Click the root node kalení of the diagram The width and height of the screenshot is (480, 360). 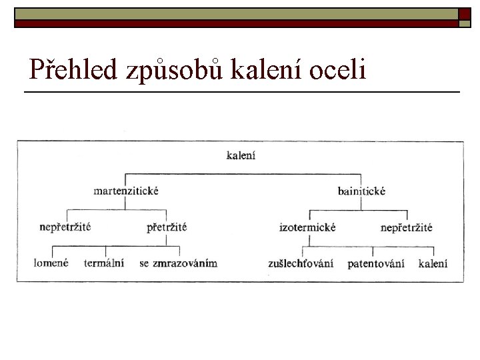point(241,156)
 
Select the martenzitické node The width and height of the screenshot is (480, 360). point(126,191)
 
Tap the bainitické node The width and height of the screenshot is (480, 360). point(361,191)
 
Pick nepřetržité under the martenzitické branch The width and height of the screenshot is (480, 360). point(65,227)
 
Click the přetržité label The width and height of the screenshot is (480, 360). point(167,227)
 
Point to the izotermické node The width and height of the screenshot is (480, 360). point(307,227)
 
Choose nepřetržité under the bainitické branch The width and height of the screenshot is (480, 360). point(407,227)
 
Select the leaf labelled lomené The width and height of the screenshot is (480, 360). point(51,263)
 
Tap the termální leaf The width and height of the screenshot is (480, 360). point(104,263)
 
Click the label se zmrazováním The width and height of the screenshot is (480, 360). point(179,263)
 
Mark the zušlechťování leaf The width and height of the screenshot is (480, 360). point(301,263)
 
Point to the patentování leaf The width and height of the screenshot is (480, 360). point(376,263)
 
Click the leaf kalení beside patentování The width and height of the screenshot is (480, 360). point(433,263)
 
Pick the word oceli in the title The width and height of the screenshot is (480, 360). point(338,69)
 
